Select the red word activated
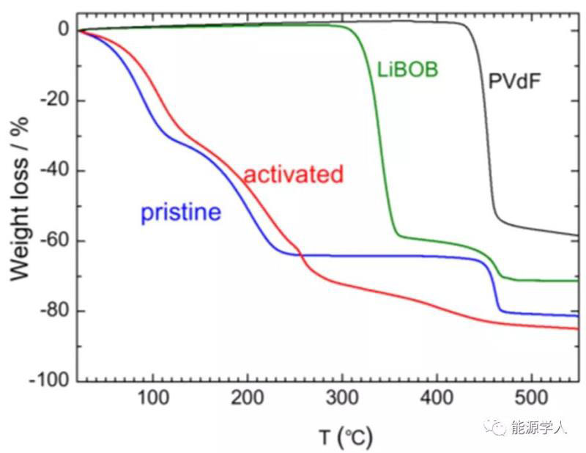(x=293, y=174)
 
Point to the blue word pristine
(x=180, y=213)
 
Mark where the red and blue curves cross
(x=300, y=254)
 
